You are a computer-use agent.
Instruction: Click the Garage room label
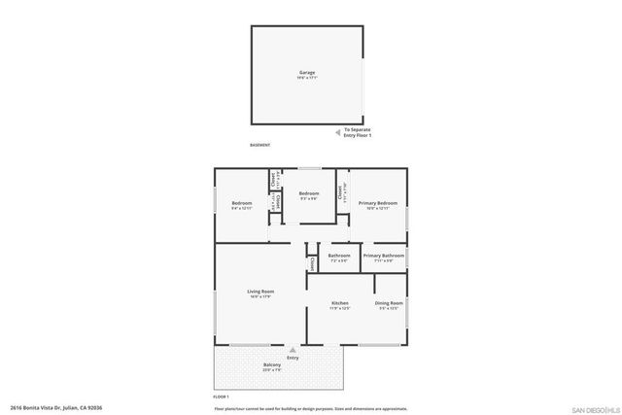coord(306,74)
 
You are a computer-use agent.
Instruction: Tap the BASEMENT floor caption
coord(259,145)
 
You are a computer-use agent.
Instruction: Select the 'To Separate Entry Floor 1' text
coord(358,132)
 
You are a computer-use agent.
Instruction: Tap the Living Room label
coord(259,294)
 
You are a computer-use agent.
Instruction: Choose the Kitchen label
coord(340,305)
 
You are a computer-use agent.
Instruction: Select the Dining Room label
coord(389,305)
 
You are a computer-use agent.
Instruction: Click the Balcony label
coord(272,367)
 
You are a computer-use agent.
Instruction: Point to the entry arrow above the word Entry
coord(293,351)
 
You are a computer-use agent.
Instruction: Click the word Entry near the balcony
coord(293,359)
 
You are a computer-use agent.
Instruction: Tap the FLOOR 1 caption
coord(221,398)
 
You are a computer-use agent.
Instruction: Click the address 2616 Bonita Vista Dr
coord(56,408)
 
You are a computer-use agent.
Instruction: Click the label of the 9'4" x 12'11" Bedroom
coord(241,205)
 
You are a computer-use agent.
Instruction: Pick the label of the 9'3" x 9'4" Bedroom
coord(309,195)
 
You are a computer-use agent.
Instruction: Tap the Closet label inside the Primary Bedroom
coord(338,191)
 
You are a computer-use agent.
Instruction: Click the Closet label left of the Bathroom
coord(312,263)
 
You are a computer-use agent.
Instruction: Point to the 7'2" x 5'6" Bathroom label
coord(339,258)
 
